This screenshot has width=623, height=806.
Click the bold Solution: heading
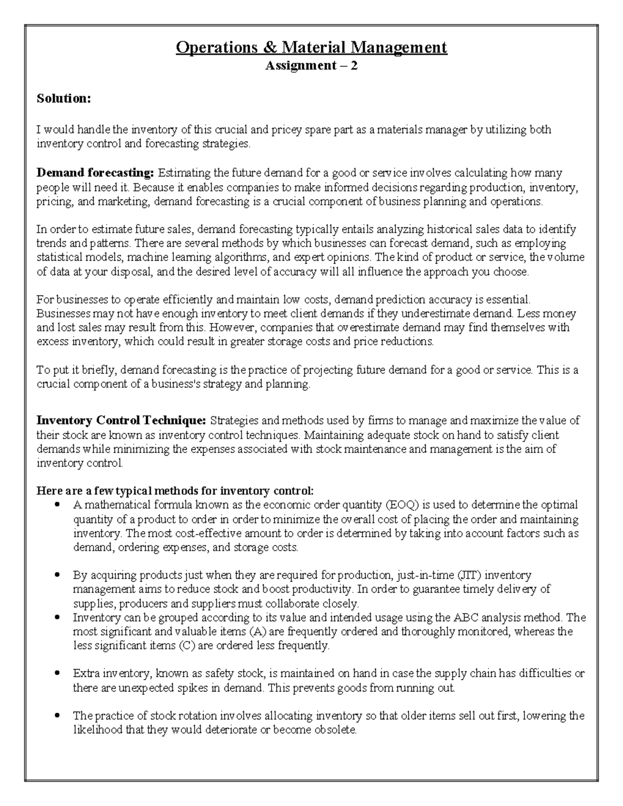point(63,99)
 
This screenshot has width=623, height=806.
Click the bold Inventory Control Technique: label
point(121,420)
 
